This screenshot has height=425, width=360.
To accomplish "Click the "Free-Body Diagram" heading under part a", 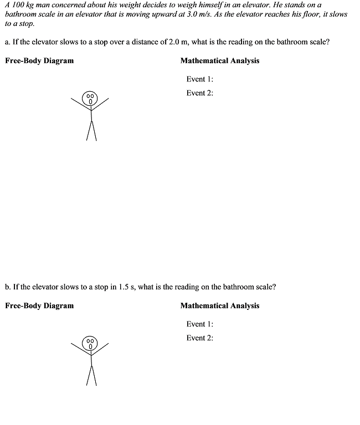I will click(39, 61).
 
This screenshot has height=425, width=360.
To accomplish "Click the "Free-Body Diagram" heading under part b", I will click(39, 305).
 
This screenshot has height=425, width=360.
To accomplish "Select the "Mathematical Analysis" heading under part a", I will click(219, 61).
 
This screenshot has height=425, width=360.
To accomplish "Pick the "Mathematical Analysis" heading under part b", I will click(219, 305).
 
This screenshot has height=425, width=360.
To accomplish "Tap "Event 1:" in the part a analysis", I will click(199, 79).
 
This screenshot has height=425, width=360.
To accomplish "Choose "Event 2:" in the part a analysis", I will click(199, 93).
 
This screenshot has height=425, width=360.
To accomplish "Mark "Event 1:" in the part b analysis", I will click(199, 324).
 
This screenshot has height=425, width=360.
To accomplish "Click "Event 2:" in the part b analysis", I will click(199, 338).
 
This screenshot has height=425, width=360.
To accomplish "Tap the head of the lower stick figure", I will click(90, 344).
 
